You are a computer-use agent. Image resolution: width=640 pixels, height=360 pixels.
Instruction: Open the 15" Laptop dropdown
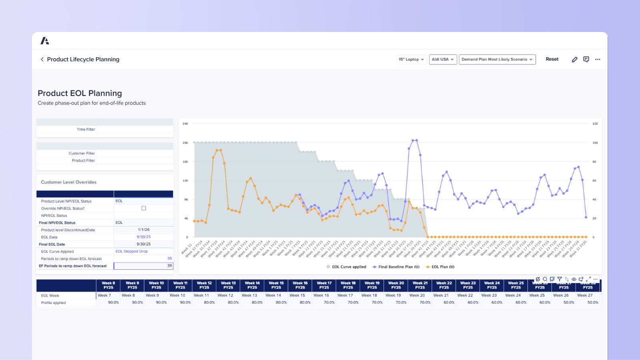411,59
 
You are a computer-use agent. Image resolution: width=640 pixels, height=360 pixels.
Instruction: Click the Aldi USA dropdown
443,59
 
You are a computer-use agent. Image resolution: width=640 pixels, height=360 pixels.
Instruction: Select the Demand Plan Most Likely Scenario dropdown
497,59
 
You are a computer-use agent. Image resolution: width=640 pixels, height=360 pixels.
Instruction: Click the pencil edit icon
574,59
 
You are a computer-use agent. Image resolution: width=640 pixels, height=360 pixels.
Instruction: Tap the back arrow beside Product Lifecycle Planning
42,59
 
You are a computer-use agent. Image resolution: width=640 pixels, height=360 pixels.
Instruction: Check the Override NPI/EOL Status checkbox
144,208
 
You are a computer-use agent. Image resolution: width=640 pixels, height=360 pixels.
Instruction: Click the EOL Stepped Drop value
132,251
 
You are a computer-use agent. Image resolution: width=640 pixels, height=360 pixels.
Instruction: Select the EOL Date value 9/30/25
144,237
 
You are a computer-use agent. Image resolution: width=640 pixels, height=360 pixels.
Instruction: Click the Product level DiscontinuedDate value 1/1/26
144,230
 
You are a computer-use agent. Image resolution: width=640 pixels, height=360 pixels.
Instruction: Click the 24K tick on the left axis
185,124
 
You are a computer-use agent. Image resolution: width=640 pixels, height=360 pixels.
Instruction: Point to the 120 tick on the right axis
595,124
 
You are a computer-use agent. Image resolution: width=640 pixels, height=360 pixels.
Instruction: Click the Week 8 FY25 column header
108,285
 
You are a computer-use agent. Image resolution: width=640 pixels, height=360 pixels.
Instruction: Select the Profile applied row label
53,303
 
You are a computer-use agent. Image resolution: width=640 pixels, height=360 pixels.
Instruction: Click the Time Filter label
86,129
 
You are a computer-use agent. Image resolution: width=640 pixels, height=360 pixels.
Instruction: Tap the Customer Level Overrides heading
68,182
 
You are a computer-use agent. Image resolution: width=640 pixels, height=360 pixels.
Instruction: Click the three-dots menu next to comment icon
598,59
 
